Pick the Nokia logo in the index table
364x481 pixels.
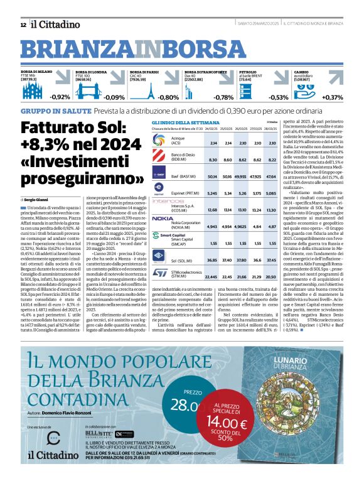point(163,219)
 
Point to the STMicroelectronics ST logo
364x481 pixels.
point(161,274)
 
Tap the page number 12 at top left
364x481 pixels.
point(23,24)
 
